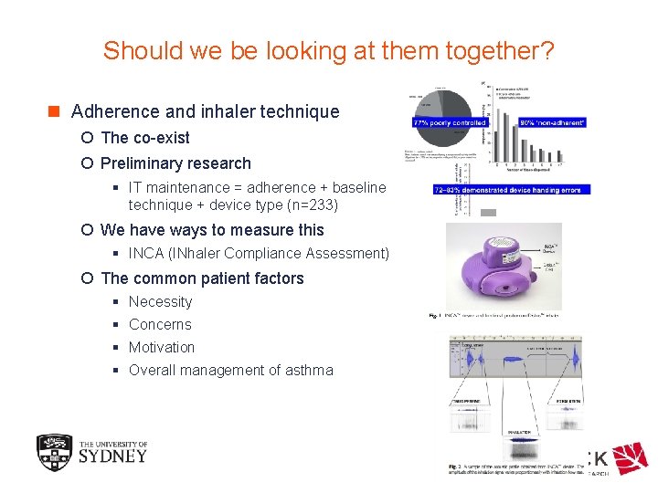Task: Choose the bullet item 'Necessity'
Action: click(160, 301)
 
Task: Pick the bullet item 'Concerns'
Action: click(160, 324)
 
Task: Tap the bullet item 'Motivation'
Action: click(162, 347)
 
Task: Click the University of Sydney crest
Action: click(53, 452)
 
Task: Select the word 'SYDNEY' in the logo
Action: click(112, 456)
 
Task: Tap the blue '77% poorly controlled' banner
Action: click(451, 121)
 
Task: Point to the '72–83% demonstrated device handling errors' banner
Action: click(513, 189)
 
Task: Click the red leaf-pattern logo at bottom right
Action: click(630, 459)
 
